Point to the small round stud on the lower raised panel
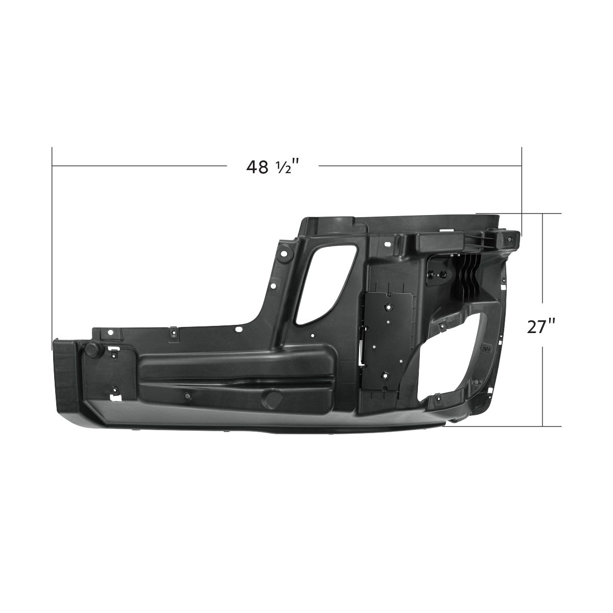187,396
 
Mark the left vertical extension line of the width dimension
52,245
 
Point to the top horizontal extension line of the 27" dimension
518,213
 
